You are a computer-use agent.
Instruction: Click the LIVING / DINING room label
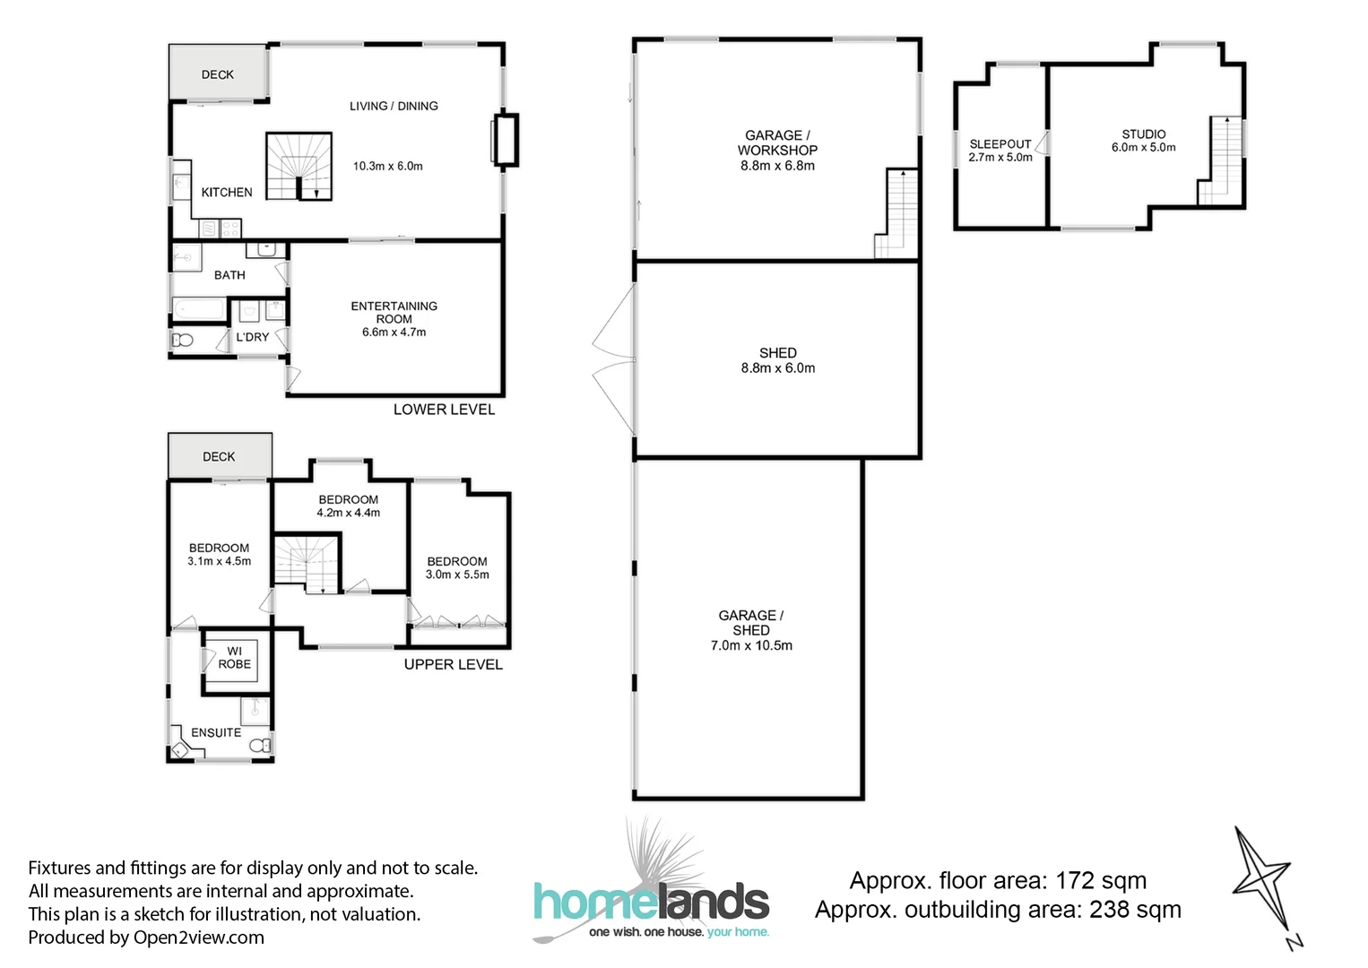click(394, 106)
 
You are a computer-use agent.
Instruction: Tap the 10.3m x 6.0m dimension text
click(387, 166)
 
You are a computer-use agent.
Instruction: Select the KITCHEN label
click(227, 192)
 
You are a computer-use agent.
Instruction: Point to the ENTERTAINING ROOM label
click(394, 312)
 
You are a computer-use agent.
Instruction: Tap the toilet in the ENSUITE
click(260, 746)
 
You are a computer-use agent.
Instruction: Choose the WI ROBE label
click(234, 658)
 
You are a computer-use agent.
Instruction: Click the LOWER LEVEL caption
click(444, 410)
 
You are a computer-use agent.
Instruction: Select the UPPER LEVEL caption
click(453, 664)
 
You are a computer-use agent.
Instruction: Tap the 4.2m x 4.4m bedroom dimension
click(348, 513)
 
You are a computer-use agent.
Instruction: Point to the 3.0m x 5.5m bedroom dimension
click(457, 575)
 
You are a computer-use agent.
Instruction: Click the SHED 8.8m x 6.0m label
click(778, 360)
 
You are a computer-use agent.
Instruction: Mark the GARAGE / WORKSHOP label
click(777, 143)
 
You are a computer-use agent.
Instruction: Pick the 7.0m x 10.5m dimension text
click(751, 645)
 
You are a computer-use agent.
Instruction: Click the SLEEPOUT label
click(1000, 143)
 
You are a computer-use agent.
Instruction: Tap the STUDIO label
click(1144, 134)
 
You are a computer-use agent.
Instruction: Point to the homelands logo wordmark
click(651, 902)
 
